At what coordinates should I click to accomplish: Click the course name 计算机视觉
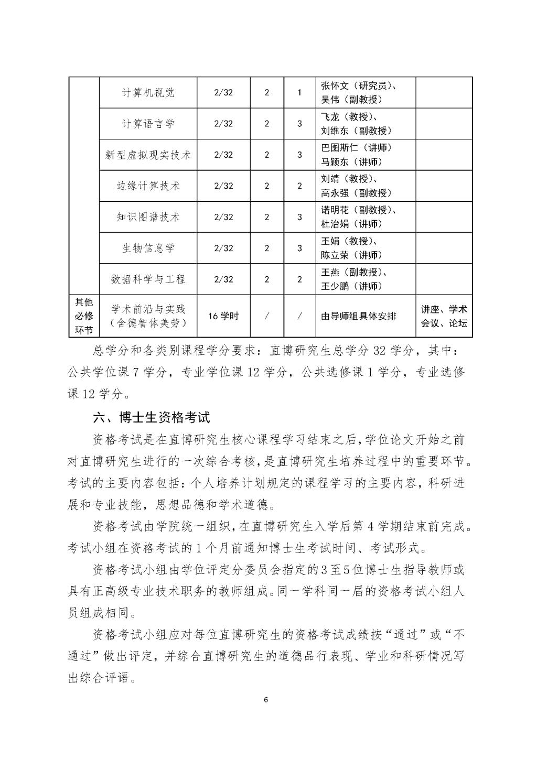(148, 93)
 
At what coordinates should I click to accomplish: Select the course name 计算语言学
(148, 124)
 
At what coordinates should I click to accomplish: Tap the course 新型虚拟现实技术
(148, 155)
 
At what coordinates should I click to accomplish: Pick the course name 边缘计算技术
(148, 186)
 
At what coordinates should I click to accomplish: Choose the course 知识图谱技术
(148, 216)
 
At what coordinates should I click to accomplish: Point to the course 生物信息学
(148, 247)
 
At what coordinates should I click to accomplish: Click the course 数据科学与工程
(148, 279)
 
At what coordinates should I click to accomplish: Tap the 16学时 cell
(223, 316)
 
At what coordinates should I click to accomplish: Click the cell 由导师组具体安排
(359, 316)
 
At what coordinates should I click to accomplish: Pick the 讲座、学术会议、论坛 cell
(444, 316)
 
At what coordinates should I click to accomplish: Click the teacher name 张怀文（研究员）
(359, 86)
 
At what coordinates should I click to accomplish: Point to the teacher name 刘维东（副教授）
(356, 131)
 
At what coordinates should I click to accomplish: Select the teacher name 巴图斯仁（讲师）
(356, 148)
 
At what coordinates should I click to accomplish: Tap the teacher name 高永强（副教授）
(356, 193)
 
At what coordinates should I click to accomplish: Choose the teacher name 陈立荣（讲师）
(352, 255)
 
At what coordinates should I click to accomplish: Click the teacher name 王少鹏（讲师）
(352, 286)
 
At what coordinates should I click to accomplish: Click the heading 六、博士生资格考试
(151, 417)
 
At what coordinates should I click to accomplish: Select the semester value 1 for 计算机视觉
(299, 93)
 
